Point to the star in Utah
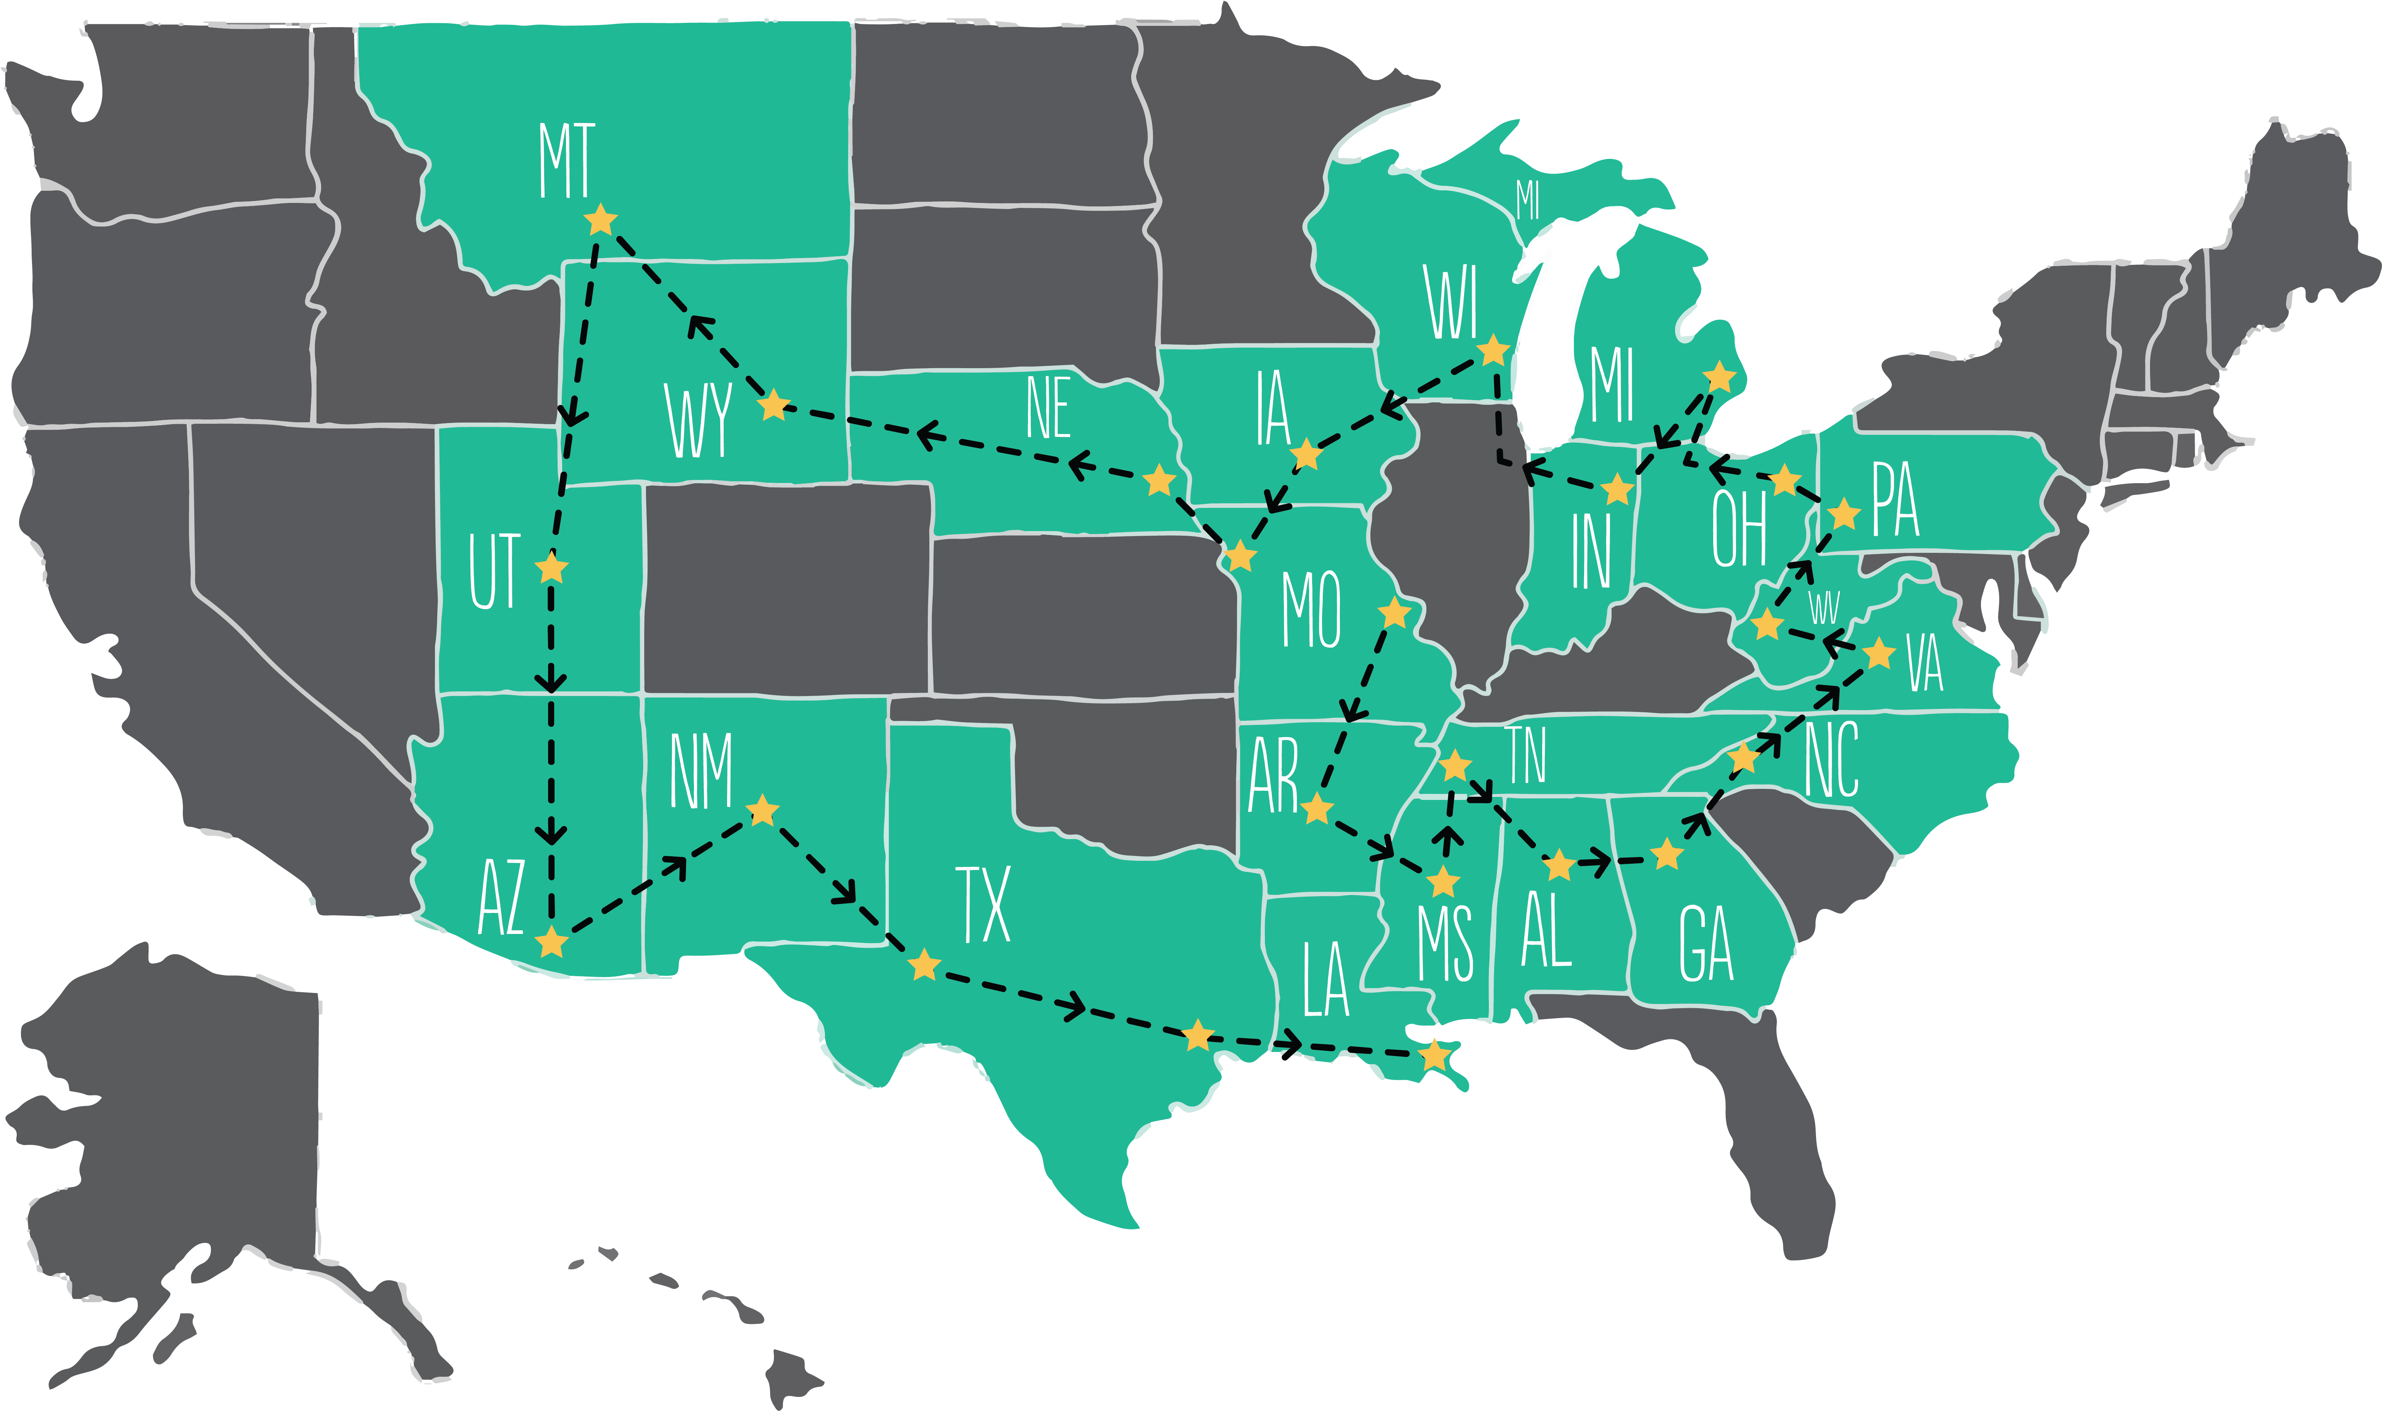(x=552, y=568)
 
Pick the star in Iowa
(x=1306, y=455)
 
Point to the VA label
(x=1925, y=666)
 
